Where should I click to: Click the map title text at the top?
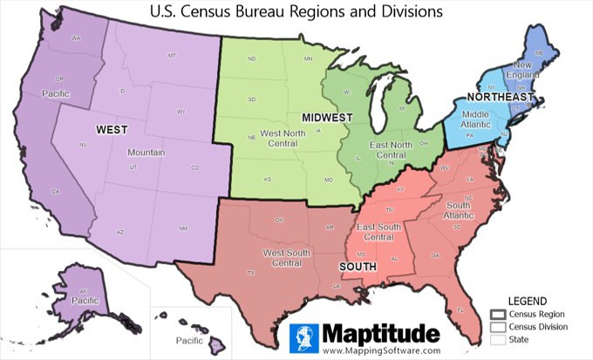(296, 12)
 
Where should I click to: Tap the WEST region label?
(112, 130)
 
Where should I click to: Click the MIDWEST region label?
(327, 117)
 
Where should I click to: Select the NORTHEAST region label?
(500, 97)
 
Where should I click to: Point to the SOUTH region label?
(358, 266)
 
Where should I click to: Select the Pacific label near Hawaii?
(189, 340)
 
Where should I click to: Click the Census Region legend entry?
(532, 313)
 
